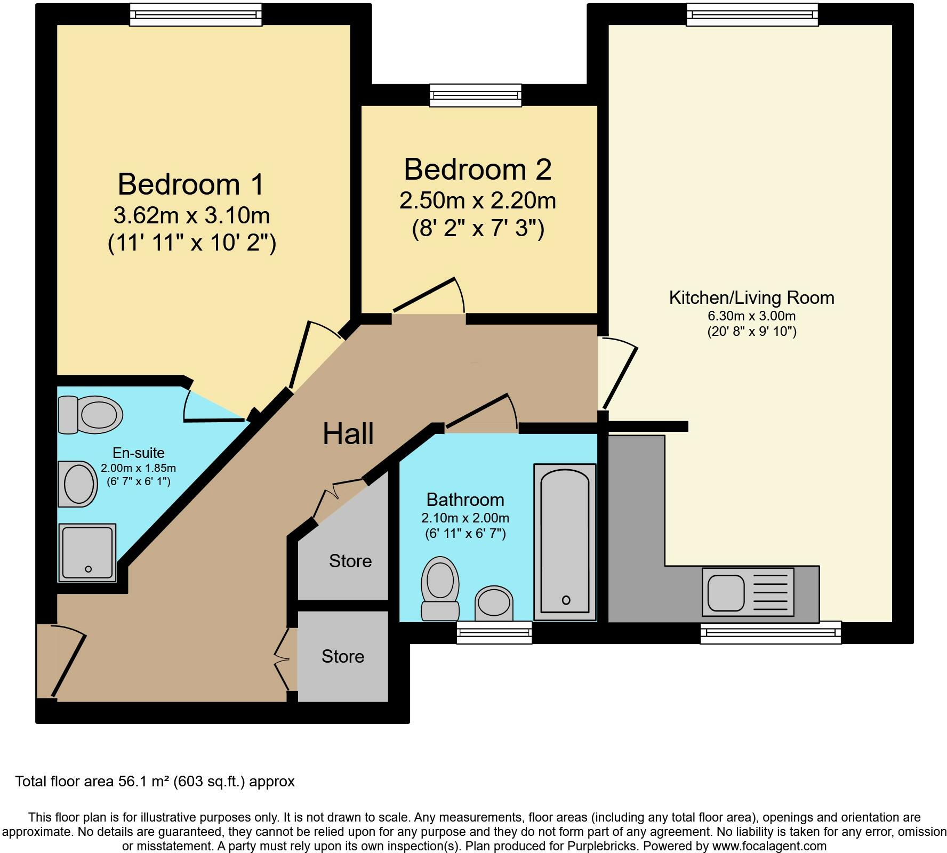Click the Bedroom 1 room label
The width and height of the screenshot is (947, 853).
pyautogui.click(x=191, y=184)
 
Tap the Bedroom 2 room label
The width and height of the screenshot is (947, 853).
pyautogui.click(x=478, y=169)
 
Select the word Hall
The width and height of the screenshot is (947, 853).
pyautogui.click(x=348, y=433)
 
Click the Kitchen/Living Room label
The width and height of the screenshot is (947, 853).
pyautogui.click(x=752, y=297)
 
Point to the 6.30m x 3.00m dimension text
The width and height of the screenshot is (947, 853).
pyautogui.click(x=752, y=316)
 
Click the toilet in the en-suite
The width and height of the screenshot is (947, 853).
pyautogui.click(x=90, y=415)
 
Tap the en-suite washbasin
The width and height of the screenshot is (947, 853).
pyautogui.click(x=78, y=484)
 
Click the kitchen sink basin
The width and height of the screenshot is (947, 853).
pyautogui.click(x=726, y=593)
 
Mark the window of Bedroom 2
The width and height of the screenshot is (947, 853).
pyautogui.click(x=476, y=95)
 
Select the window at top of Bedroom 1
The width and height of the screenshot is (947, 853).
pyautogui.click(x=196, y=14)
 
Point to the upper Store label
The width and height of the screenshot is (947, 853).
pyautogui.click(x=350, y=561)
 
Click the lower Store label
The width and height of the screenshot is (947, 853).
pyautogui.click(x=343, y=656)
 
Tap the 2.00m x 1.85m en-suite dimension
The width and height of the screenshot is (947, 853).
pyautogui.click(x=139, y=469)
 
